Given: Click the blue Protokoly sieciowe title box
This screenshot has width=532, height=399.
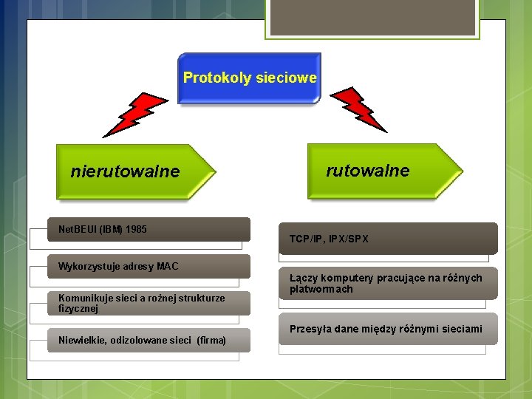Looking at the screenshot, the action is point(250,78).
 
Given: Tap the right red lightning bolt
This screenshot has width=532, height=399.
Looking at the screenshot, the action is point(359,109).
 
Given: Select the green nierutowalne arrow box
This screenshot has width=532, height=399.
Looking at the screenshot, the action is point(133,171).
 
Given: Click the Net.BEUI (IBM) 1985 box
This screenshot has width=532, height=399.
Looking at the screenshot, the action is point(149,230).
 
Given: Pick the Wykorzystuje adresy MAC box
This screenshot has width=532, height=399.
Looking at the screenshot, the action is point(149,266).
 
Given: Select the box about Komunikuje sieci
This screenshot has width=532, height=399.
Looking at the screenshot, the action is point(149,303).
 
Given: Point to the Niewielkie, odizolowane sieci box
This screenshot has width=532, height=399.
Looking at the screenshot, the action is point(149,340).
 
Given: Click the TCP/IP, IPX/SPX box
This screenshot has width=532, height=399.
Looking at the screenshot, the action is point(388,239).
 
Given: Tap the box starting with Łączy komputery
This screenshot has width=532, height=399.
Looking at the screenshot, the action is point(388,283).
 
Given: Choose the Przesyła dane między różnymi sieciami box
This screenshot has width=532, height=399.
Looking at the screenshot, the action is point(388,329).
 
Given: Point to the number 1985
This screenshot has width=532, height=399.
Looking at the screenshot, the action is point(137,230).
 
